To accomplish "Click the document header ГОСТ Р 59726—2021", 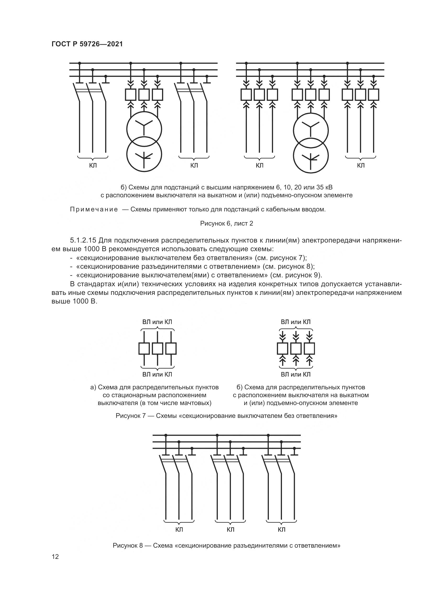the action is coord(87,44).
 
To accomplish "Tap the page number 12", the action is coord(55,557).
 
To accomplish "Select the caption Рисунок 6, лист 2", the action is coord(227,223).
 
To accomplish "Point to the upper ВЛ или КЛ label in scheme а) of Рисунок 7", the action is coord(157,322).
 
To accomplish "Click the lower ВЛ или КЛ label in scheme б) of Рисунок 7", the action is coord(296,374).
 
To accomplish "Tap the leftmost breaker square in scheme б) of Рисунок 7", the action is coord(283,348).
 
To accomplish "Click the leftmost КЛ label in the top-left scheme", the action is coord(93,166).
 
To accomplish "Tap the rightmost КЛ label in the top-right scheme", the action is coord(361,166).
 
